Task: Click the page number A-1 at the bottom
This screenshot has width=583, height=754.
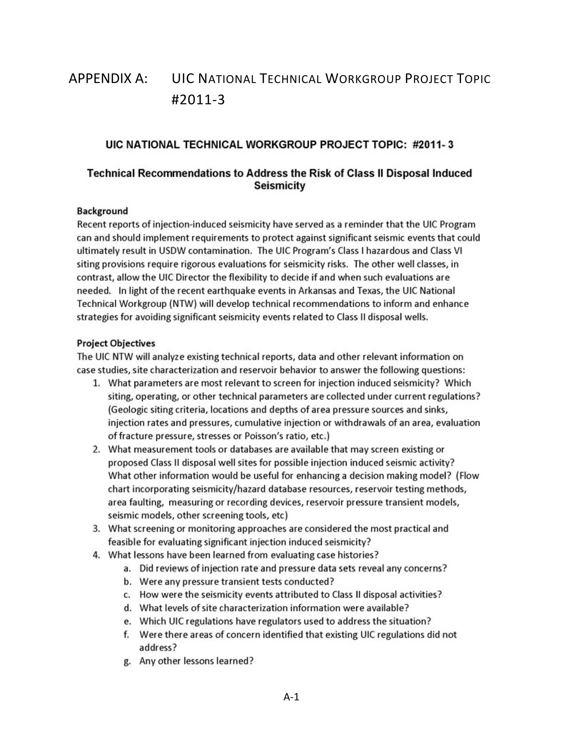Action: click(291, 697)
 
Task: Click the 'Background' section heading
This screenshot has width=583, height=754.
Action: click(102, 211)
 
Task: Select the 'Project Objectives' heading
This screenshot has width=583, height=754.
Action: click(116, 343)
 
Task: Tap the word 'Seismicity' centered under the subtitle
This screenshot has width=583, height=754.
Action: click(280, 186)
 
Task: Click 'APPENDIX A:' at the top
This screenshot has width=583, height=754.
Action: click(108, 79)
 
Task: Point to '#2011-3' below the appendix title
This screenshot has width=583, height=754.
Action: click(198, 100)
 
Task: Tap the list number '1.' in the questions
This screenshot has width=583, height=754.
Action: click(97, 383)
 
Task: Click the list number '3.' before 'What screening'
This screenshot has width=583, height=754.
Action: click(97, 529)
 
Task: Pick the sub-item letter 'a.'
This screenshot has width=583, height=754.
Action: click(128, 568)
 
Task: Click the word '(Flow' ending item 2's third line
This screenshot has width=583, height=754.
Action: click(467, 476)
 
